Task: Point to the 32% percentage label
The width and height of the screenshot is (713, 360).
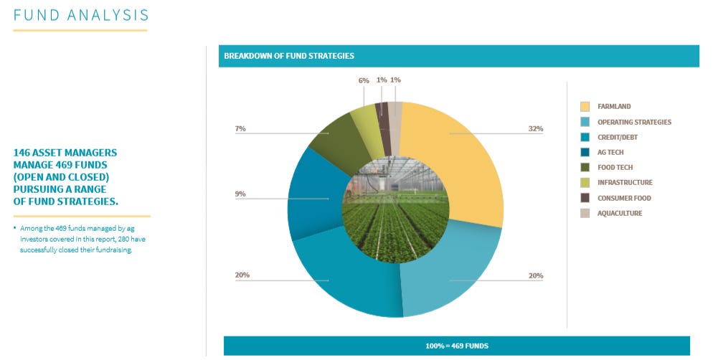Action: (x=535, y=129)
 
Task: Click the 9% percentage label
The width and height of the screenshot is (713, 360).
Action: (x=240, y=194)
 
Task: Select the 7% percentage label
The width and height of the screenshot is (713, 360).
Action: (x=240, y=129)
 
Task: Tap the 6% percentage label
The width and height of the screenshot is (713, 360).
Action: (x=364, y=80)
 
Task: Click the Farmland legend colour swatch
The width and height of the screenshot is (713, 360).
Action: (x=585, y=107)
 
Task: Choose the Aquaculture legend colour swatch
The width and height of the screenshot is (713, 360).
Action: (x=585, y=213)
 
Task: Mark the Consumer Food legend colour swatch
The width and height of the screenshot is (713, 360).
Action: (x=585, y=198)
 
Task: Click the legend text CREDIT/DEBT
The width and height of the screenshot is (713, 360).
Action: (x=617, y=137)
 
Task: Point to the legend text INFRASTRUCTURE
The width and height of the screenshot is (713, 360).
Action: (x=625, y=183)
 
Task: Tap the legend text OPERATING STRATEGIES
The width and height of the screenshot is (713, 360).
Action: (x=634, y=122)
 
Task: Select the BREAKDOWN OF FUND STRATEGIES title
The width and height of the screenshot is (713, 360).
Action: (x=288, y=56)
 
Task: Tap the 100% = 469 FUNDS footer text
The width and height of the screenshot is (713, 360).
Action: (x=457, y=346)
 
